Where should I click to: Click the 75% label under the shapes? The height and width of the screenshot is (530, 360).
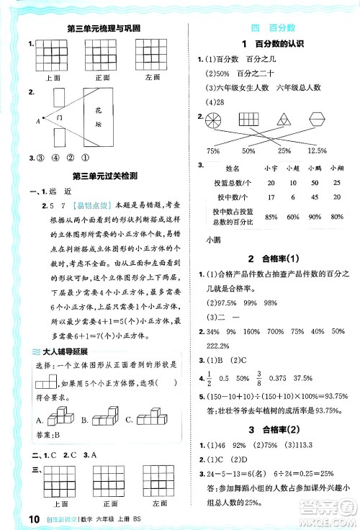[213, 151]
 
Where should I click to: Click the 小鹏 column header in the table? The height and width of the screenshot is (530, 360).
[314, 167]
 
